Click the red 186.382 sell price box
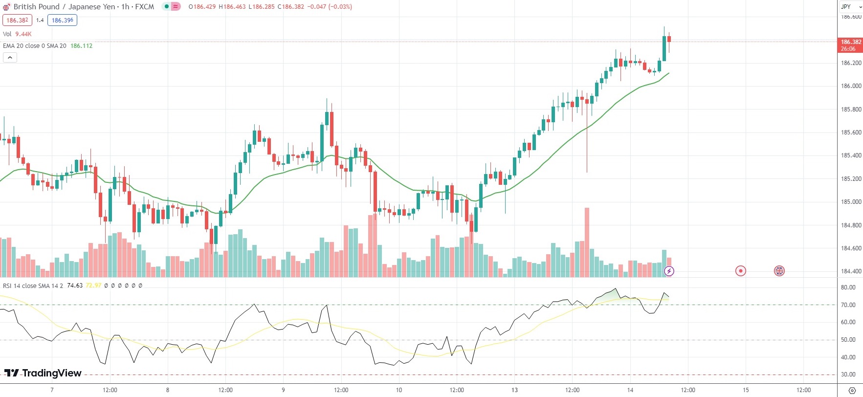[17, 20]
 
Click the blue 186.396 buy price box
[62, 20]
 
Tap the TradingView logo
[43, 373]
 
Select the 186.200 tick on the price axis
[851, 63]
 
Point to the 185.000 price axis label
[851, 202]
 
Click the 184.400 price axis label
[851, 271]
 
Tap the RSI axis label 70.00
[848, 305]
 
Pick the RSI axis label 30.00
[848, 375]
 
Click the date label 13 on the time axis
[514, 390]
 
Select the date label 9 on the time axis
[283, 390]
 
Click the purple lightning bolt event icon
[669, 271]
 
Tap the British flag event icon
[779, 271]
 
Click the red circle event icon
[741, 271]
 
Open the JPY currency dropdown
[851, 7]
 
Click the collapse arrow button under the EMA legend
[10, 58]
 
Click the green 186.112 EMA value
[81, 46]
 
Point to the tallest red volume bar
[587, 242]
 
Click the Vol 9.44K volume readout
[17, 34]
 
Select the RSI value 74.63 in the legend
[75, 286]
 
